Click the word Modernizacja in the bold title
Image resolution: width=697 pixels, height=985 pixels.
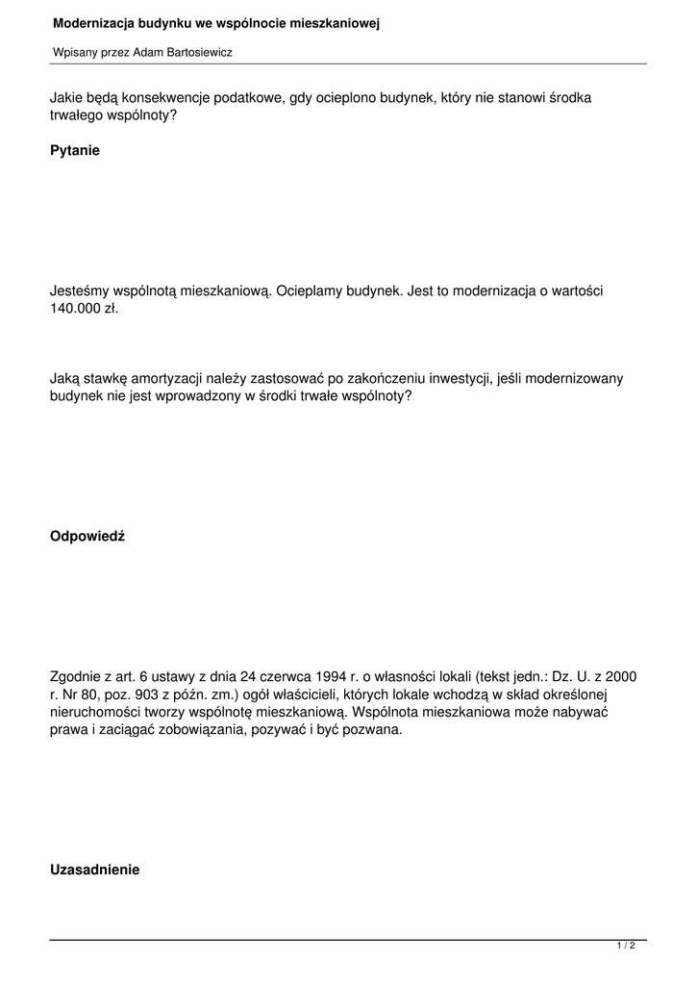tap(89, 23)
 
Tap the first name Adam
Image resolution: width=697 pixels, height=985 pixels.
tap(146, 53)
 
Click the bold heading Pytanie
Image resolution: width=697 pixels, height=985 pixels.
tap(75, 151)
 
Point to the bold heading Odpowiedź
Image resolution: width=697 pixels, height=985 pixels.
tap(87, 536)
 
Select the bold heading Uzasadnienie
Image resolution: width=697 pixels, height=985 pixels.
tap(94, 870)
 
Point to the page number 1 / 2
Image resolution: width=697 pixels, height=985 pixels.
tap(626, 947)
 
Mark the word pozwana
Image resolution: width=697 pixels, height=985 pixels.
tap(376, 730)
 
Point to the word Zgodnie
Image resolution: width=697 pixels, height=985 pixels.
tap(77, 677)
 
